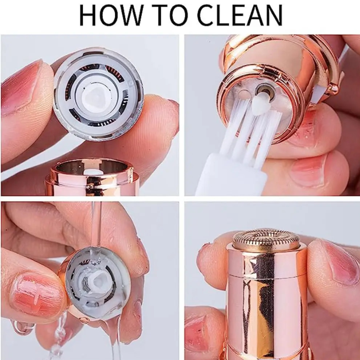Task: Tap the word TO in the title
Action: (170, 15)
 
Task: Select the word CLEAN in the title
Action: (240, 15)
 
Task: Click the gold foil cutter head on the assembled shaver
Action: (266, 240)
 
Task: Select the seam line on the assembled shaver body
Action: (267, 276)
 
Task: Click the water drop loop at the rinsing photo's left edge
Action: (23, 327)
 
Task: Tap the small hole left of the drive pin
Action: (244, 94)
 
